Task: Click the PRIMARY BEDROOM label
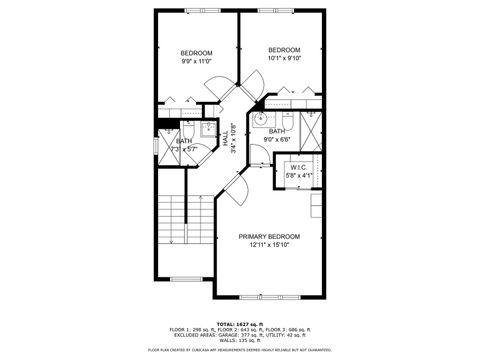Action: [x=269, y=236]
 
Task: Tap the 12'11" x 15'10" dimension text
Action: [x=269, y=245]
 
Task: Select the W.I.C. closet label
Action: [x=299, y=167]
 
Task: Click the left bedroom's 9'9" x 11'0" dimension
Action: [x=196, y=61]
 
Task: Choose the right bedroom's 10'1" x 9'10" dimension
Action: [x=284, y=58]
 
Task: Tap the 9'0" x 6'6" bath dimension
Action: [x=277, y=139]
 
